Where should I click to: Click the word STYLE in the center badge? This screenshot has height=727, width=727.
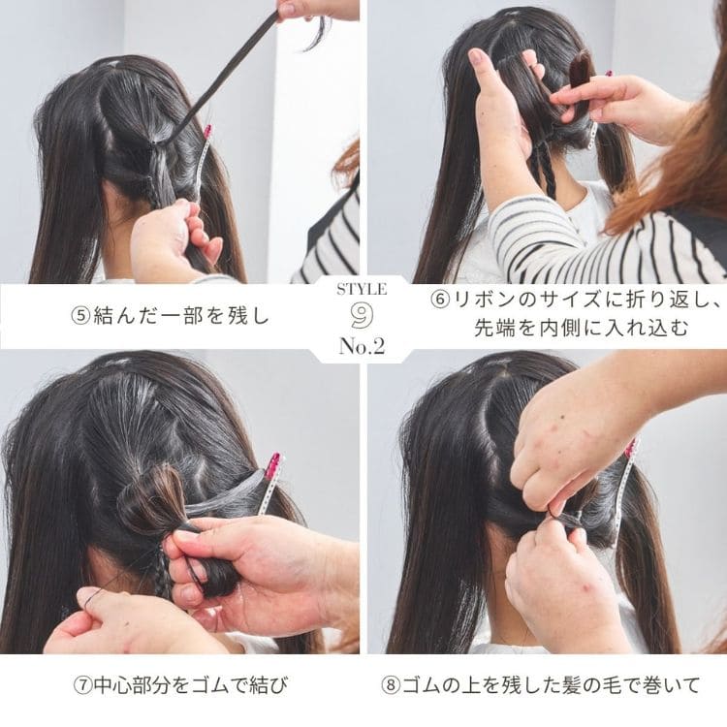(x=363, y=289)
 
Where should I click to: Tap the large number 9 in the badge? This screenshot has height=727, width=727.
(x=363, y=315)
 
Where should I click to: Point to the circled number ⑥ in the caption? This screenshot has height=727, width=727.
(x=439, y=300)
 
